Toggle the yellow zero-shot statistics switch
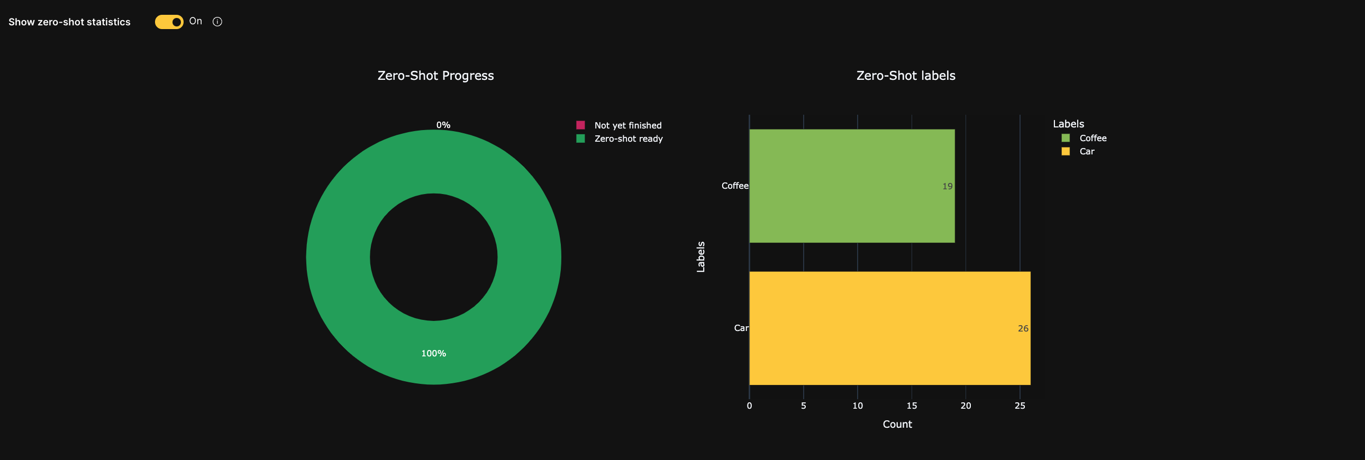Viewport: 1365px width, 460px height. pos(169,22)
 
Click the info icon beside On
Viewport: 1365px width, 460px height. pos(217,22)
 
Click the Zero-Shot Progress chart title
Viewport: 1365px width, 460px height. pos(435,76)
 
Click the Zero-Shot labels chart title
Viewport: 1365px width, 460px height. pos(906,76)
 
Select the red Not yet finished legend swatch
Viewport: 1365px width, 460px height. pos(580,125)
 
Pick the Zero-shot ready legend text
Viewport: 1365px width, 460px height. pos(628,139)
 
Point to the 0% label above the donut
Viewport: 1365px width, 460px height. pos(443,125)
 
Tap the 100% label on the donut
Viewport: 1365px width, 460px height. pos(433,353)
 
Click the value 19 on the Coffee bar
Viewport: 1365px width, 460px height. pos(947,186)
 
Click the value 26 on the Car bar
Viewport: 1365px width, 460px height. pos(1023,329)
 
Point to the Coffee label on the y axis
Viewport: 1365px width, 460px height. pos(734,186)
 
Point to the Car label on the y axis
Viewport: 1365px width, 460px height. pos(741,328)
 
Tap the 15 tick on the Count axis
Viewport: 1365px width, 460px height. pos(912,406)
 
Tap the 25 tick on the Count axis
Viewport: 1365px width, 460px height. pos(1020,406)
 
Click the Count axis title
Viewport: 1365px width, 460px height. pos(897,424)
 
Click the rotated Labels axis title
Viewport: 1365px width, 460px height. pos(700,257)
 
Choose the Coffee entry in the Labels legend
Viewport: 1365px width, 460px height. pos(1092,138)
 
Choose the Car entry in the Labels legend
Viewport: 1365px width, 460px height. pos(1086,151)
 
